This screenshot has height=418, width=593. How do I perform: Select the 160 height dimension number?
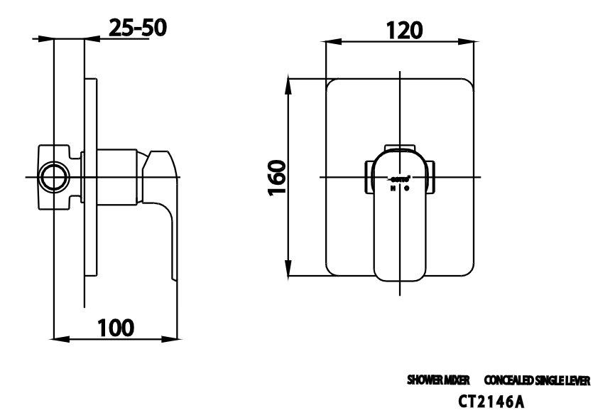[276, 178]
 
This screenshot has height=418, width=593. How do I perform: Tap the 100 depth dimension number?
[116, 328]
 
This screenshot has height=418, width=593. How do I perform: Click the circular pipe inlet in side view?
[54, 176]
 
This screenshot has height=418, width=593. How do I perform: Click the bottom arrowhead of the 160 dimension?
[288, 273]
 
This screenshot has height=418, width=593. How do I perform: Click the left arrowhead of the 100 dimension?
[60, 338]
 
